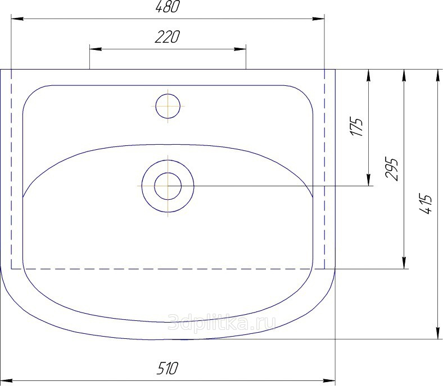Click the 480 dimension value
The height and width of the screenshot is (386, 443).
tap(168, 7)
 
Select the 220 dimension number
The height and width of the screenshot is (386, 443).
tap(168, 36)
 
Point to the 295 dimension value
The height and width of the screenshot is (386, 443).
tap(392, 169)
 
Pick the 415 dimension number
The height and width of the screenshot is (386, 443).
tap(426, 204)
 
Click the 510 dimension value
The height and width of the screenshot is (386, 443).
tap(168, 369)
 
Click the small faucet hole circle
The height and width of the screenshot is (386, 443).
tap(168, 106)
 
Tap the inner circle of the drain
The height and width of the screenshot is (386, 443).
tap(168, 186)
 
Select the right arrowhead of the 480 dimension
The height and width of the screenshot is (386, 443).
tap(318, 19)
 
